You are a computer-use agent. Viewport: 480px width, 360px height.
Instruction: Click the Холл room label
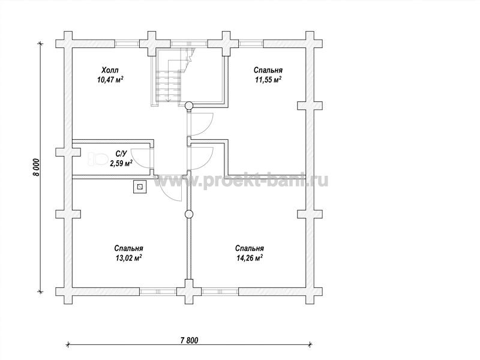point(110,70)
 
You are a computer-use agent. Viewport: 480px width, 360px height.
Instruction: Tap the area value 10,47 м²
point(110,80)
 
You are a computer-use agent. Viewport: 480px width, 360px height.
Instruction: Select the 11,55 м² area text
point(268,80)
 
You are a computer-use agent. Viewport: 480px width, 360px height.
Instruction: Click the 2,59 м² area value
point(121,163)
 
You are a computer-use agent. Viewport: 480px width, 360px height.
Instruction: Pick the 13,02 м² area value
point(128,258)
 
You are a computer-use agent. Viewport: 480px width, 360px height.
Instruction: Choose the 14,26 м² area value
point(250,258)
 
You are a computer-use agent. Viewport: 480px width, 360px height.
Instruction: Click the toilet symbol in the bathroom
point(97,159)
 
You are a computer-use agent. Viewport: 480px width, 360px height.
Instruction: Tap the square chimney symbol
point(140,187)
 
